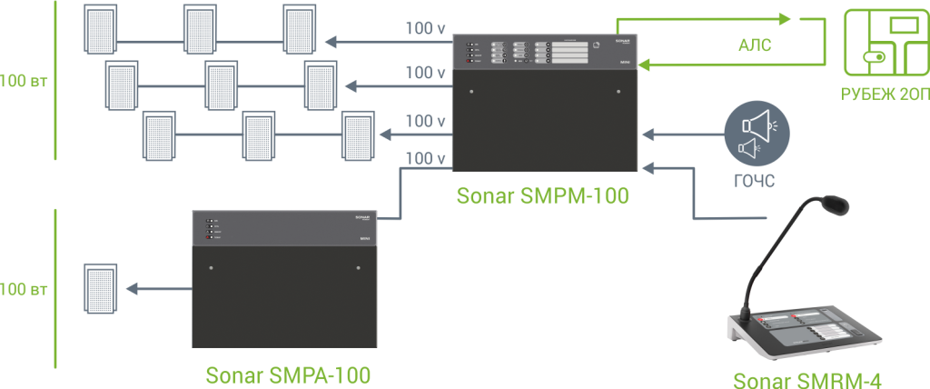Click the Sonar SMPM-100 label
(x=544, y=194)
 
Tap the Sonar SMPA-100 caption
(x=288, y=374)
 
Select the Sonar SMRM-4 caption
(x=807, y=380)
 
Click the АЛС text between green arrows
(x=755, y=46)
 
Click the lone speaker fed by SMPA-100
(x=99, y=288)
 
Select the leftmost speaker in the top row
(x=98, y=30)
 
